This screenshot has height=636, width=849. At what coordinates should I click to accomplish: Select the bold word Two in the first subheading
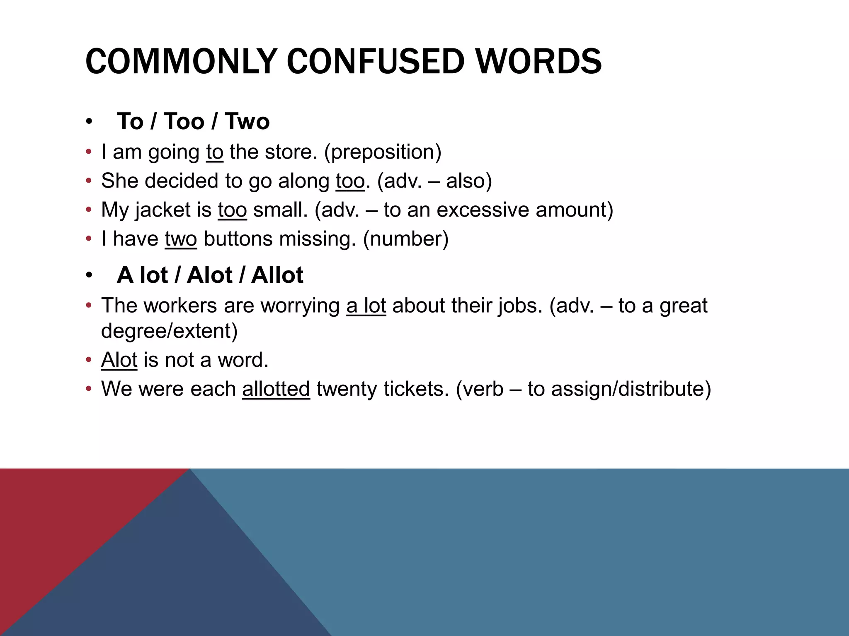[247, 121]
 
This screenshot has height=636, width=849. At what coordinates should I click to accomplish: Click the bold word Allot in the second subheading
[277, 275]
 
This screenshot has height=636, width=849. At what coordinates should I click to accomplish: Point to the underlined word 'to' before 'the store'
[215, 152]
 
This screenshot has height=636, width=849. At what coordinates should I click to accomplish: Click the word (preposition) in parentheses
[383, 152]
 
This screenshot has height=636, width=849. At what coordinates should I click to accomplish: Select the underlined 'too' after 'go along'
[350, 181]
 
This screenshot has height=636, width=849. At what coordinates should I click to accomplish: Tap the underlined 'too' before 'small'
[233, 210]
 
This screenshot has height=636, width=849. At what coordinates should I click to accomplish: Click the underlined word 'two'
[181, 239]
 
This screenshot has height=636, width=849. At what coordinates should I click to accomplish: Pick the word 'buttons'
[238, 239]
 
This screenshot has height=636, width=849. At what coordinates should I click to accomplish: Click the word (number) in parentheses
[406, 239]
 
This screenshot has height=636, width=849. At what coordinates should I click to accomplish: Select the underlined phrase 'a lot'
[366, 306]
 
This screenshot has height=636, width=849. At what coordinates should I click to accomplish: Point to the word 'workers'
[180, 306]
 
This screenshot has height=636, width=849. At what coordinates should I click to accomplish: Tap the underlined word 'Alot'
[119, 360]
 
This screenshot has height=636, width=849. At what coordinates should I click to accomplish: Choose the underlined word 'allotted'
[276, 389]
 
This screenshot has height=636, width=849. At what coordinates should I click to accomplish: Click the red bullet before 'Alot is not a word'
[88, 360]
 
